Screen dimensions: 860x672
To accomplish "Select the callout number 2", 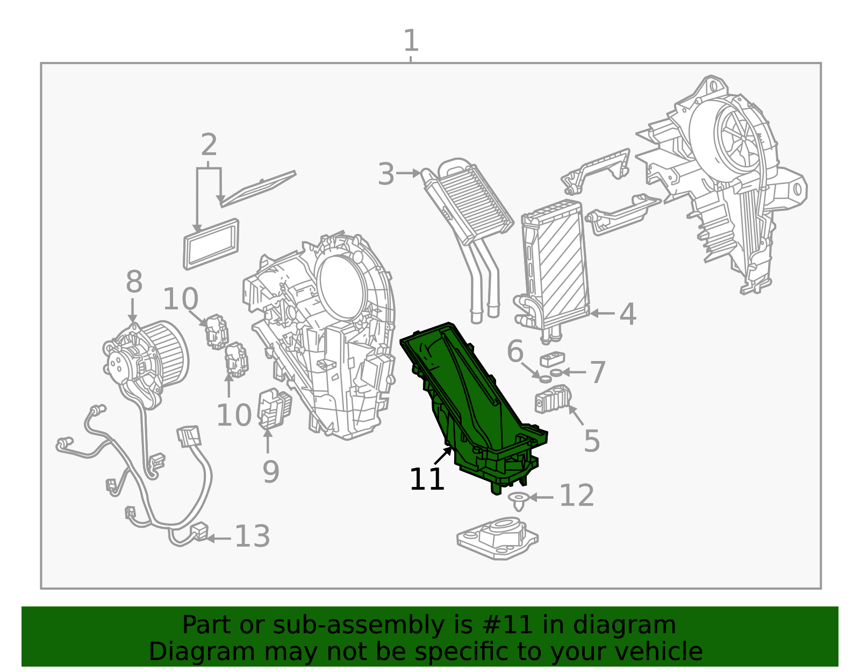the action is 209,145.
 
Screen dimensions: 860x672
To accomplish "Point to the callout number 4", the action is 628,314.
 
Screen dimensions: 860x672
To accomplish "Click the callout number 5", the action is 592,440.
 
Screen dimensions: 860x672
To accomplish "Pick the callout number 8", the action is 134,281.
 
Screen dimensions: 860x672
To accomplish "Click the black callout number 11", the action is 427,479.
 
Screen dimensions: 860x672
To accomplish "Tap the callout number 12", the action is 577,496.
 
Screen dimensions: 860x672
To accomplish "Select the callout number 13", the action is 253,536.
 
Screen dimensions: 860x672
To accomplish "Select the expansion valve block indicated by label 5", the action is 553,399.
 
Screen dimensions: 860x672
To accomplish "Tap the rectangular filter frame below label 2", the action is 211,244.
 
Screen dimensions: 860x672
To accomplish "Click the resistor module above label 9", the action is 274,409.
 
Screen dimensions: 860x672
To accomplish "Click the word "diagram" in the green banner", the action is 624,625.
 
